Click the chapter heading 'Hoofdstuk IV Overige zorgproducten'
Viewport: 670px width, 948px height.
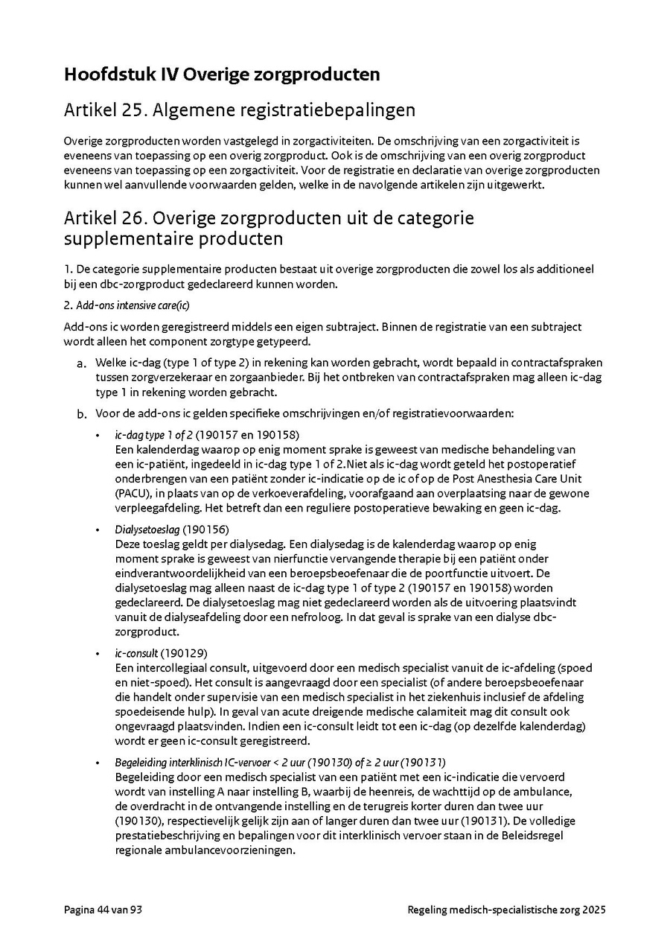[x=222, y=74]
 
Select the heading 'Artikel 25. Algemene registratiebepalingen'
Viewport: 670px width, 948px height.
[x=240, y=111]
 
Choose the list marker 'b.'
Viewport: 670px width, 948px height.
[x=81, y=413]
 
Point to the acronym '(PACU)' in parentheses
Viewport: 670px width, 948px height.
[x=132, y=494]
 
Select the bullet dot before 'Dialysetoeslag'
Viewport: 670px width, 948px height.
[x=98, y=530]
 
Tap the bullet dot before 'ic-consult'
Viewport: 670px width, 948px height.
[x=98, y=654]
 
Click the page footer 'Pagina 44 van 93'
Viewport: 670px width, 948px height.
[x=103, y=910]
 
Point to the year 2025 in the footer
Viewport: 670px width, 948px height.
[x=594, y=910]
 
